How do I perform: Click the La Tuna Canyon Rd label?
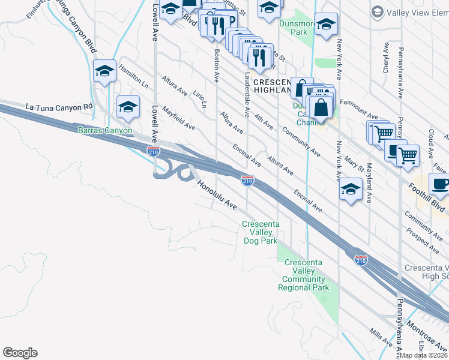(x=60, y=107)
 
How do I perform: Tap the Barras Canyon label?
(x=104, y=130)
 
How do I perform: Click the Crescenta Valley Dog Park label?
(x=260, y=233)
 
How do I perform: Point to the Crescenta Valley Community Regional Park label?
(x=304, y=275)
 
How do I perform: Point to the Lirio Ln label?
(x=200, y=98)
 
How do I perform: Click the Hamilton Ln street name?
(x=133, y=74)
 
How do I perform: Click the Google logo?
(x=20, y=353)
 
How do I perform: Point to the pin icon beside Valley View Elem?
(x=377, y=11)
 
